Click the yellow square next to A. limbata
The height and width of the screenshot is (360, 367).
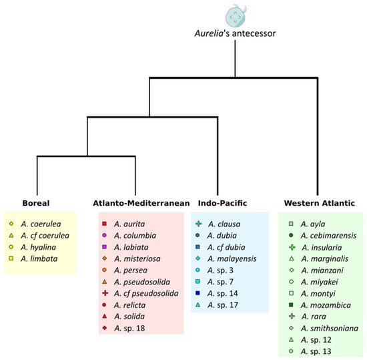[11, 258]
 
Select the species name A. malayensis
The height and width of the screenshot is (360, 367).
[231, 258]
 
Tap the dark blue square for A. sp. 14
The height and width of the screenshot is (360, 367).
[198, 293]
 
